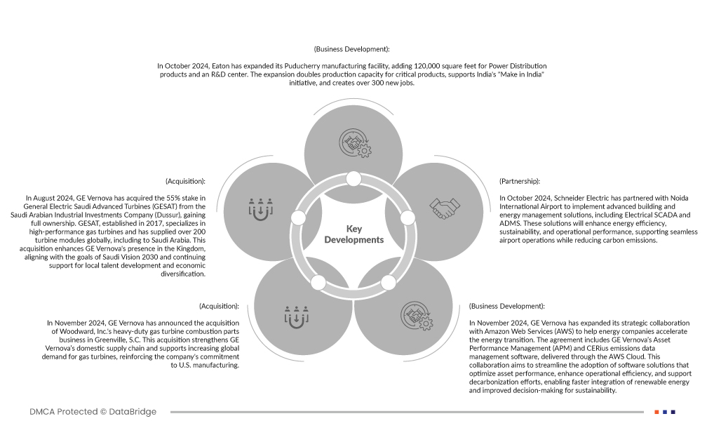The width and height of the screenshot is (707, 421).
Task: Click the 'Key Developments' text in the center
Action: [x=353, y=234]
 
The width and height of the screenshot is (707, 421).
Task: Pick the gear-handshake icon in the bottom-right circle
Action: [x=417, y=316]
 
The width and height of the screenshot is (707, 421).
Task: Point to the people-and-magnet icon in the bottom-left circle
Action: [x=296, y=316]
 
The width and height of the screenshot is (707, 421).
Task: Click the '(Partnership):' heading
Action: [x=520, y=181]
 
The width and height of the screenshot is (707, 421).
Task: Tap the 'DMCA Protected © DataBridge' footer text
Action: [x=93, y=412]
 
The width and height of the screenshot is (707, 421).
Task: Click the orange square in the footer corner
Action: [x=656, y=412]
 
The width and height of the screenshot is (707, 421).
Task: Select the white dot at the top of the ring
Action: [x=353, y=179]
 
